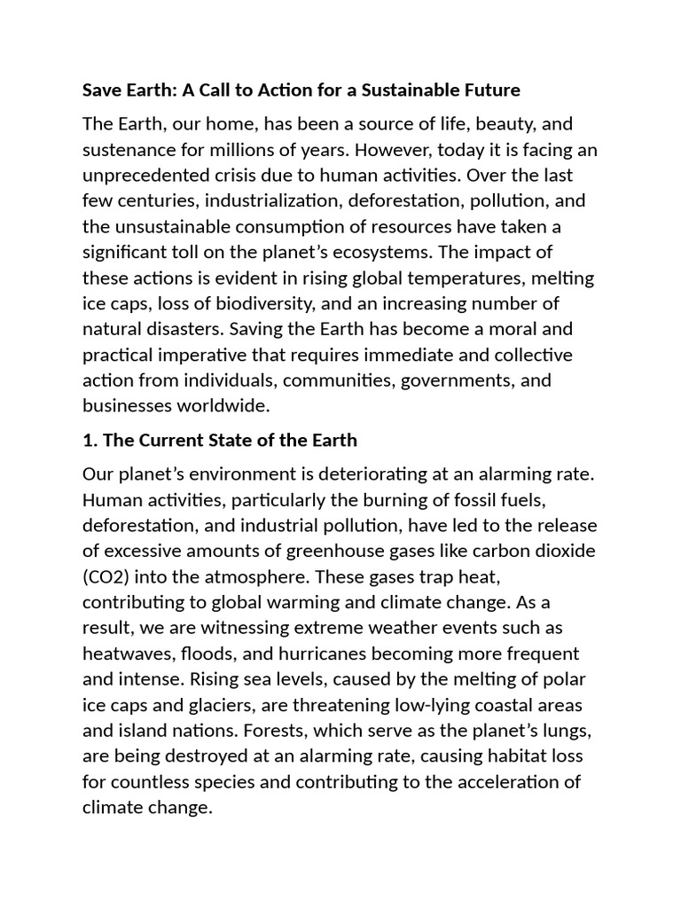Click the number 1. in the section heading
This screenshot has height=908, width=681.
tap(90, 440)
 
